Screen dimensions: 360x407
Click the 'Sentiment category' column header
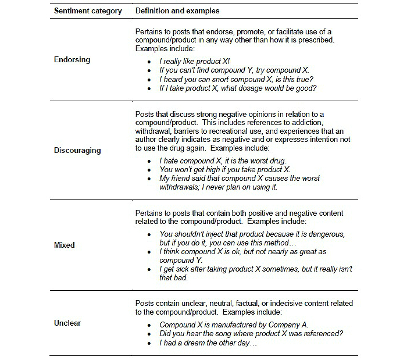(88, 11)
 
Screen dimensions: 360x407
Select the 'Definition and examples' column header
(177, 11)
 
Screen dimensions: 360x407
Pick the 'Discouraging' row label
(77, 150)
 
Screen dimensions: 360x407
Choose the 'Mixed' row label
(65, 245)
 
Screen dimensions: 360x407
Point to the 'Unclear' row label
(68, 323)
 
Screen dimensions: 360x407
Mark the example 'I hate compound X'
(223, 161)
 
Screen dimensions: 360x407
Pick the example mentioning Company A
(234, 325)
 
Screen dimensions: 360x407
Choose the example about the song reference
(251, 333)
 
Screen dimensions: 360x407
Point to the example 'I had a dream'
(208, 343)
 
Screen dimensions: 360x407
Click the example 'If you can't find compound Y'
(234, 70)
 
